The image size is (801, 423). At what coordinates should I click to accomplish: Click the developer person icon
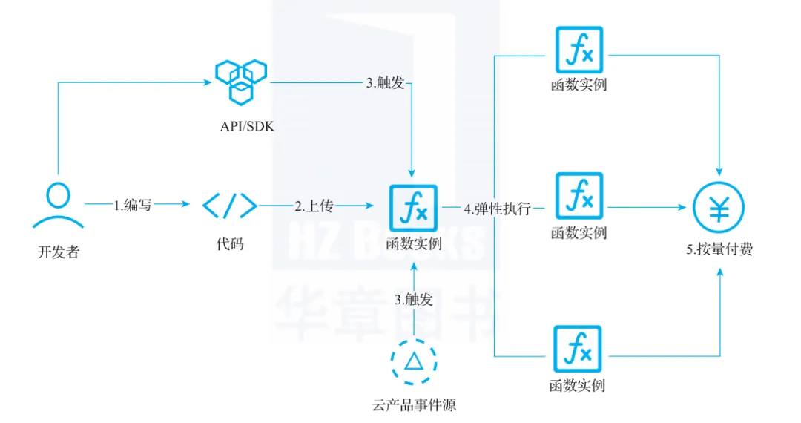57,205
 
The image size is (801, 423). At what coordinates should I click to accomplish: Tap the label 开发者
58,252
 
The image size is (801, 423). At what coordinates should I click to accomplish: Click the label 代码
230,244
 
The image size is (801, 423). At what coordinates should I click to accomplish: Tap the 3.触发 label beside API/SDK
385,83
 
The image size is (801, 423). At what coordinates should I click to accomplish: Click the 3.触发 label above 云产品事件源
413,300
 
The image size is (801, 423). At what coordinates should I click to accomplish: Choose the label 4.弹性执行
498,209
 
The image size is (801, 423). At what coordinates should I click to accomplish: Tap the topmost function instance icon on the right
579,50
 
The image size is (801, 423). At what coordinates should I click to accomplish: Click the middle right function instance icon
579,197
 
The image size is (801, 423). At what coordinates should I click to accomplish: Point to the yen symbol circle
719,209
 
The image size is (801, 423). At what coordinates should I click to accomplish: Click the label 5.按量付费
719,250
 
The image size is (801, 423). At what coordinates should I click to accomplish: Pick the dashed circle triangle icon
413,361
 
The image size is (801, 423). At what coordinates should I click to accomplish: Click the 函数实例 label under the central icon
414,244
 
